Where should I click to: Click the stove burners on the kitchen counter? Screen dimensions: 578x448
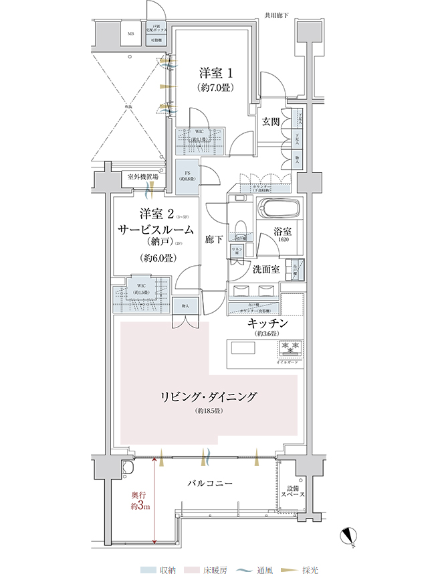[291, 346]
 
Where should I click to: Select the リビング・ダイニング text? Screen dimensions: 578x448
[209, 396]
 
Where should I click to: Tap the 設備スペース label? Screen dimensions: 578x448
[294, 492]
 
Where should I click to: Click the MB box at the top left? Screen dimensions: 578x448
[131, 33]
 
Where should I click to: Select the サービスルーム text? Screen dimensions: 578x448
[156, 229]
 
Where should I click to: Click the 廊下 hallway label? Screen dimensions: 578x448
[215, 238]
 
